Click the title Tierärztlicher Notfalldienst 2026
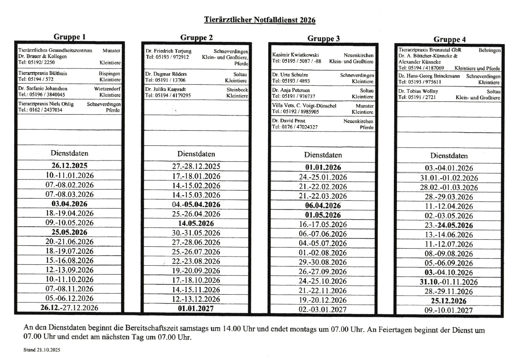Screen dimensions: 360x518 260,20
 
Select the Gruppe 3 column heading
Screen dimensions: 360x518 323,39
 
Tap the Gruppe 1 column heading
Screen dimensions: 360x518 69,37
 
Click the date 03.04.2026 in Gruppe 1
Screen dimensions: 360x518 70,204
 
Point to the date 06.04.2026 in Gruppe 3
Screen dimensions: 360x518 323,206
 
